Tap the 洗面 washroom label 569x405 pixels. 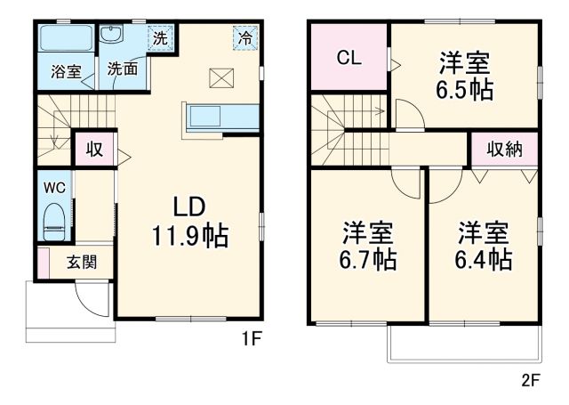[x=122, y=69]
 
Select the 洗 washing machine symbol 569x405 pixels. [x=159, y=38]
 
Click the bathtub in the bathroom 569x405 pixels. [x=67, y=40]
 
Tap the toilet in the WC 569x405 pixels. [x=53, y=221]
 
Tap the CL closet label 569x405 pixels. [x=349, y=59]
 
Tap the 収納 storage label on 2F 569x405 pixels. [x=503, y=149]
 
